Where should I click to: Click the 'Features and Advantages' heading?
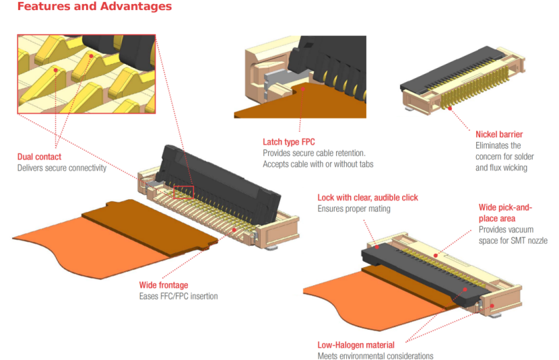click(94, 7)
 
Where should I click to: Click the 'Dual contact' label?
click(39, 157)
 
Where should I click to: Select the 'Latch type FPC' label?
click(288, 142)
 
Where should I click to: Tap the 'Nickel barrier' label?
click(498, 135)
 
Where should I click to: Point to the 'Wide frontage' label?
click(164, 285)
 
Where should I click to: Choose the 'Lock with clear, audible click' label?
click(368, 198)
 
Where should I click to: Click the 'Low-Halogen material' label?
click(356, 345)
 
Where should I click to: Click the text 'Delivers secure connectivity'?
click(62, 168)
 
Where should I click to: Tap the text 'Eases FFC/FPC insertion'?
click(178, 296)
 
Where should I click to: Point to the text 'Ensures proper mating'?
click(354, 209)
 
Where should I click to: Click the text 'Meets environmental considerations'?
click(375, 356)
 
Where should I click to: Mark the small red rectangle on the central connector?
click(183, 192)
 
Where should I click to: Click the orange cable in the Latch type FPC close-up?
click(269, 104)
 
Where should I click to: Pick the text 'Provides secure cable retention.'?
click(314, 153)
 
